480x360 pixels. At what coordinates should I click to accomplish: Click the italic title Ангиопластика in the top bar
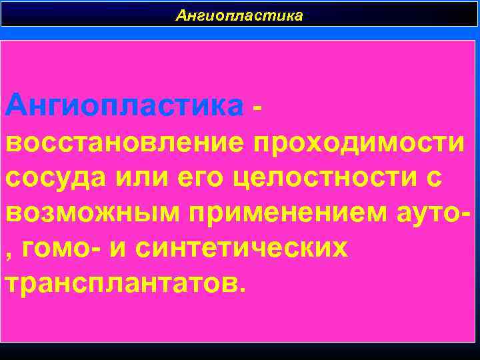coord(239,15)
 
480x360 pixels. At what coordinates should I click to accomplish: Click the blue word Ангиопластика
coord(124,105)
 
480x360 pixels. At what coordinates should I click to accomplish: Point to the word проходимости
coord(359,143)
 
